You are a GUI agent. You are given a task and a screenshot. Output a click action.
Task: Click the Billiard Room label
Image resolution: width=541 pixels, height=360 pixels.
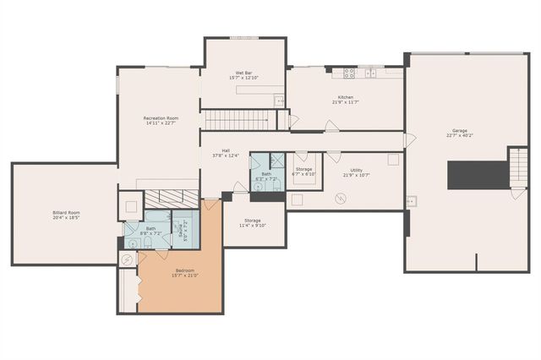[x=67, y=215]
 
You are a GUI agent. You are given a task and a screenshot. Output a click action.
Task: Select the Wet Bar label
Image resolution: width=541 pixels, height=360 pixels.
[x=243, y=75]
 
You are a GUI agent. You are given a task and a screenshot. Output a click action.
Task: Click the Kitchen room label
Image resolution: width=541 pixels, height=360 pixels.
[x=346, y=100]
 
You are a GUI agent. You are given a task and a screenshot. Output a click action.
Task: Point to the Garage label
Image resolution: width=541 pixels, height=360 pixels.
[x=460, y=133]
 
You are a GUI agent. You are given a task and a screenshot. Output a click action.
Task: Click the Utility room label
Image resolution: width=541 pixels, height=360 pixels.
[x=357, y=172]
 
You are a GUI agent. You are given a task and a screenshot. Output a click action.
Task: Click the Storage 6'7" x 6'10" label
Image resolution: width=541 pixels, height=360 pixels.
[x=303, y=172]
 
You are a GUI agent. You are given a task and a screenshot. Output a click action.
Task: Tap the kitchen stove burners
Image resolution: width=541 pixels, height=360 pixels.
[x=349, y=74]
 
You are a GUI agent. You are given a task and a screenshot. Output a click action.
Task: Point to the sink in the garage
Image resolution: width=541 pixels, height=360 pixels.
[x=412, y=201]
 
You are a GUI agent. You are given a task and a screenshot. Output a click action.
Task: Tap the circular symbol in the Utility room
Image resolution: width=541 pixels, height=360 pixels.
[x=339, y=199]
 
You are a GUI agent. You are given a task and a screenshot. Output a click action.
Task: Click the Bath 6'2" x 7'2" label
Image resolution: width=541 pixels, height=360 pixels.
[x=266, y=177]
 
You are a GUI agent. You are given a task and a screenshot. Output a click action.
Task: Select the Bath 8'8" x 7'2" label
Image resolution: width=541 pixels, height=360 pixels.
[x=150, y=230]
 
